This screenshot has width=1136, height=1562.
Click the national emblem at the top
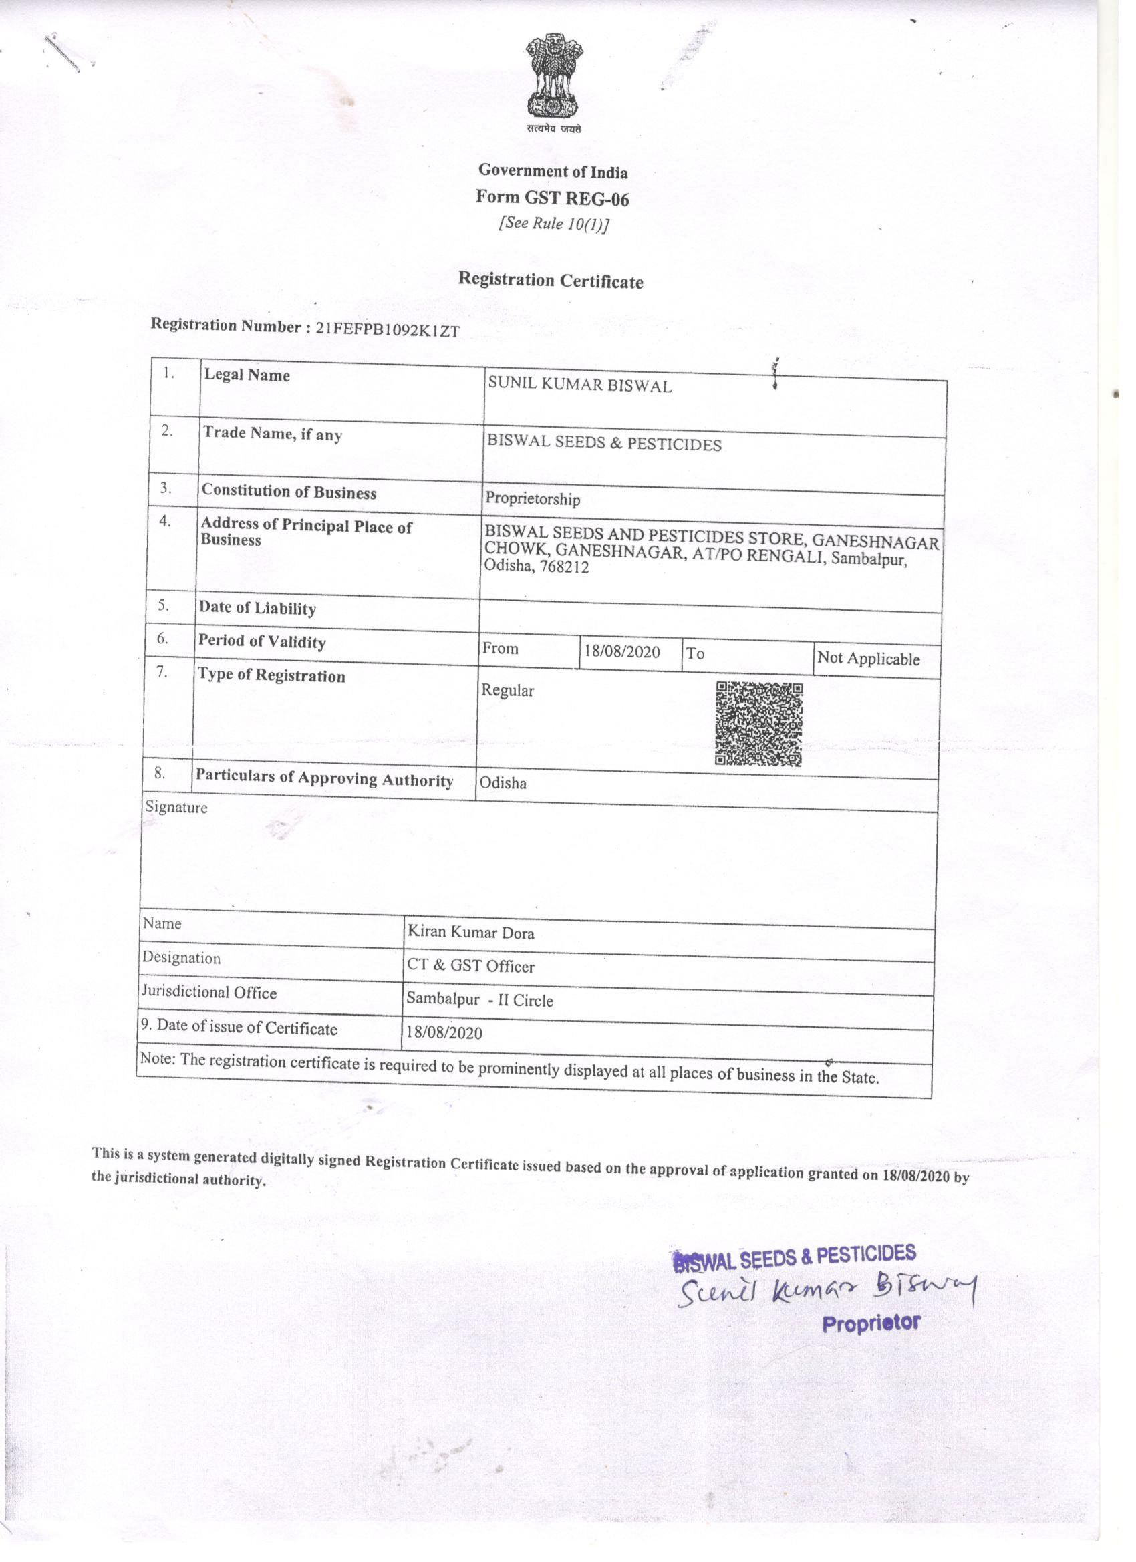(x=554, y=77)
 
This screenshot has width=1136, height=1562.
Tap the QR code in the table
(x=758, y=724)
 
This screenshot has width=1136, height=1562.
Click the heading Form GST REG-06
(x=552, y=198)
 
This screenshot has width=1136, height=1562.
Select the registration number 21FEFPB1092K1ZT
(x=387, y=329)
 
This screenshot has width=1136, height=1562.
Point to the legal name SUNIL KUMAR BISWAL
(x=579, y=385)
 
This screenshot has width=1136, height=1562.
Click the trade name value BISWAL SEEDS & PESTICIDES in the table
(x=603, y=443)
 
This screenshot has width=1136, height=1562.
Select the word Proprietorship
(x=533, y=498)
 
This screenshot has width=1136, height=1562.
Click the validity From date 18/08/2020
(x=621, y=651)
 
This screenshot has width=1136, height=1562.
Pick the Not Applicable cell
(x=868, y=659)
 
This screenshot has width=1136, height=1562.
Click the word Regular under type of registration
(x=507, y=690)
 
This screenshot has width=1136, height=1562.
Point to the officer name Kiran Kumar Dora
(x=470, y=932)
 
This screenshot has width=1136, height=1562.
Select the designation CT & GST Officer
(x=470, y=965)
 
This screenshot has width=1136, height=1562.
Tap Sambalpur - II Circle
(x=480, y=999)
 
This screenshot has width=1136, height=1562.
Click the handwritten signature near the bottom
(x=827, y=1290)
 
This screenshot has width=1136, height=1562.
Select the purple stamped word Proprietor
(x=871, y=1323)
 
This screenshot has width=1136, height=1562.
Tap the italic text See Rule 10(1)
(x=553, y=224)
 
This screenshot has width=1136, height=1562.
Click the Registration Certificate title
(x=551, y=281)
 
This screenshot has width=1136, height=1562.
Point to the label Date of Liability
(x=257, y=607)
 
